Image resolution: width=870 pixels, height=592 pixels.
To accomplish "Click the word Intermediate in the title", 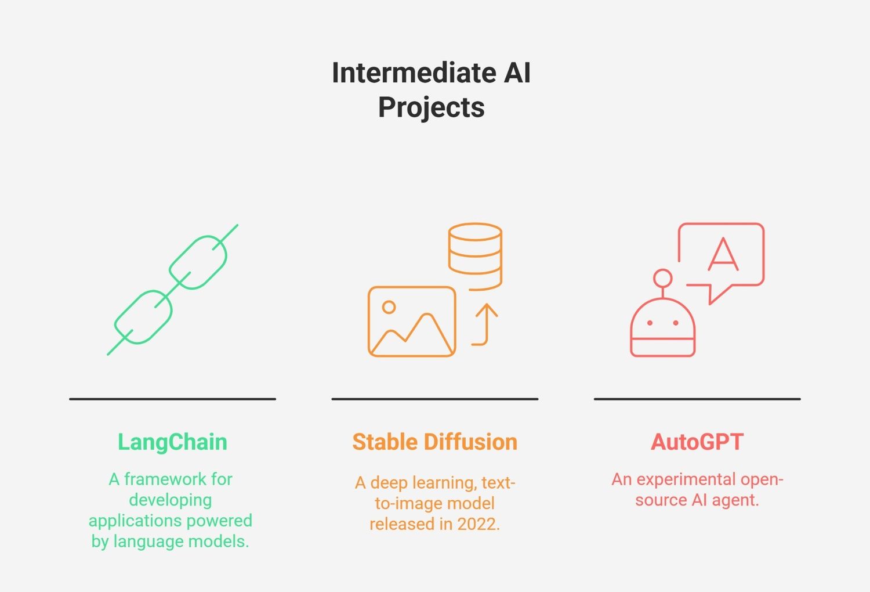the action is point(414,73).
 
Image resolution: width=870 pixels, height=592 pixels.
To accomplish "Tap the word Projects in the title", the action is point(431,107).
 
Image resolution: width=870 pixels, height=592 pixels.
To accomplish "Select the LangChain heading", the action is point(172,443).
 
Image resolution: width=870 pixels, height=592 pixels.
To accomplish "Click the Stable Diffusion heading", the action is point(435,442).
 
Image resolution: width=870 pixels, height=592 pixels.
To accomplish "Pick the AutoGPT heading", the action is point(697,442).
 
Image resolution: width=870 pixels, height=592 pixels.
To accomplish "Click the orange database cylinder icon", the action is point(476,257).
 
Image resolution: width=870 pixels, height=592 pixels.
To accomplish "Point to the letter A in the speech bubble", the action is point(723,255).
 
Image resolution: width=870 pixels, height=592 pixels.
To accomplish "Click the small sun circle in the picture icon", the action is point(389,307).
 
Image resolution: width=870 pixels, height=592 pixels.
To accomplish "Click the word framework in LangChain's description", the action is point(165,479).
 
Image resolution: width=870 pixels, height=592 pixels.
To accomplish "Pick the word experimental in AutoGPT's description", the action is point(686,480).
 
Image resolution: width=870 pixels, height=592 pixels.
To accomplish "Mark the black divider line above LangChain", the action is point(172,399).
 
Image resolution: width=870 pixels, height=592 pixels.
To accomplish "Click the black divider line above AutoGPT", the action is point(697,399).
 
